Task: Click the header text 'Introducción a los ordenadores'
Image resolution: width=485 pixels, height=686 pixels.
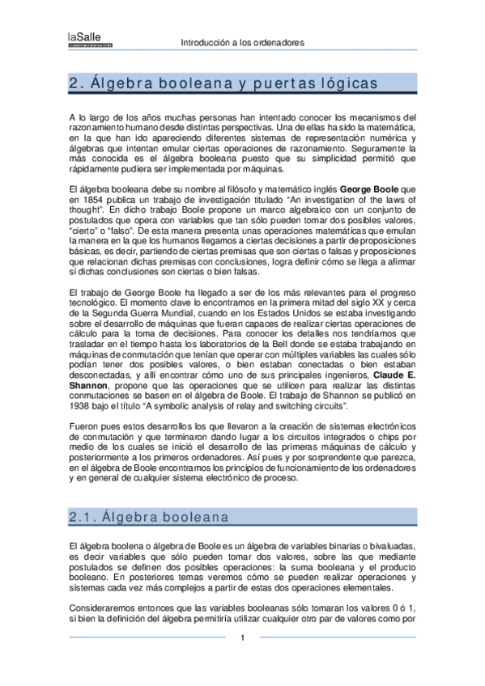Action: [242, 42]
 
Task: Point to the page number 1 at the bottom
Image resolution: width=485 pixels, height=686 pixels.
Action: [242, 638]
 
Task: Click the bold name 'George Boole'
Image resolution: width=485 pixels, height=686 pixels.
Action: [369, 188]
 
